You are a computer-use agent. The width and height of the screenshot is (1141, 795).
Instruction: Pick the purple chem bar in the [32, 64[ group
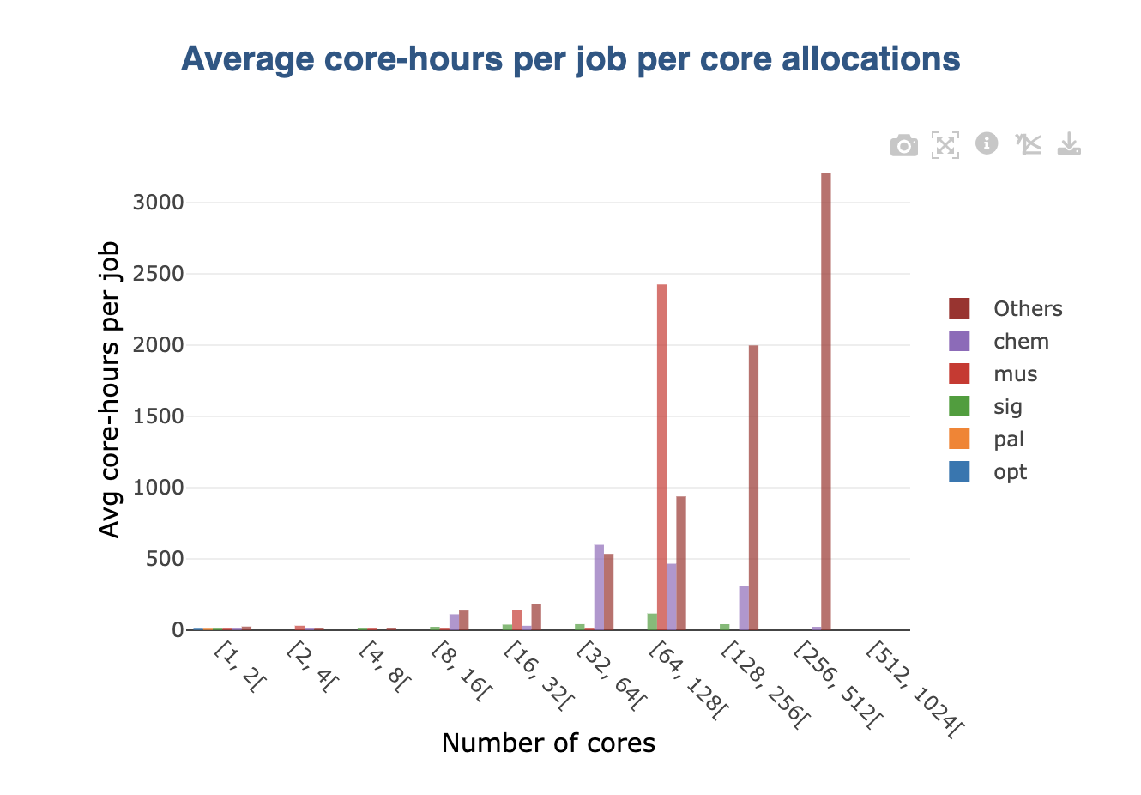point(599,587)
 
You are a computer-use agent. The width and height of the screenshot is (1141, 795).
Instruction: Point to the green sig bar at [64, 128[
point(652,622)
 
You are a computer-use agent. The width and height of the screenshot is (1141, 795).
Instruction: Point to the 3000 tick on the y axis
point(159,203)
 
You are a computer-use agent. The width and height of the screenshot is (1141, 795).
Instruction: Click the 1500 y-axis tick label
point(159,416)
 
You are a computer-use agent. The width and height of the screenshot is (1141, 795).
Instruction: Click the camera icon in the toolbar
point(903,145)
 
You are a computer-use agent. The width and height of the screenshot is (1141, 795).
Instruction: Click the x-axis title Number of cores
point(548,743)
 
